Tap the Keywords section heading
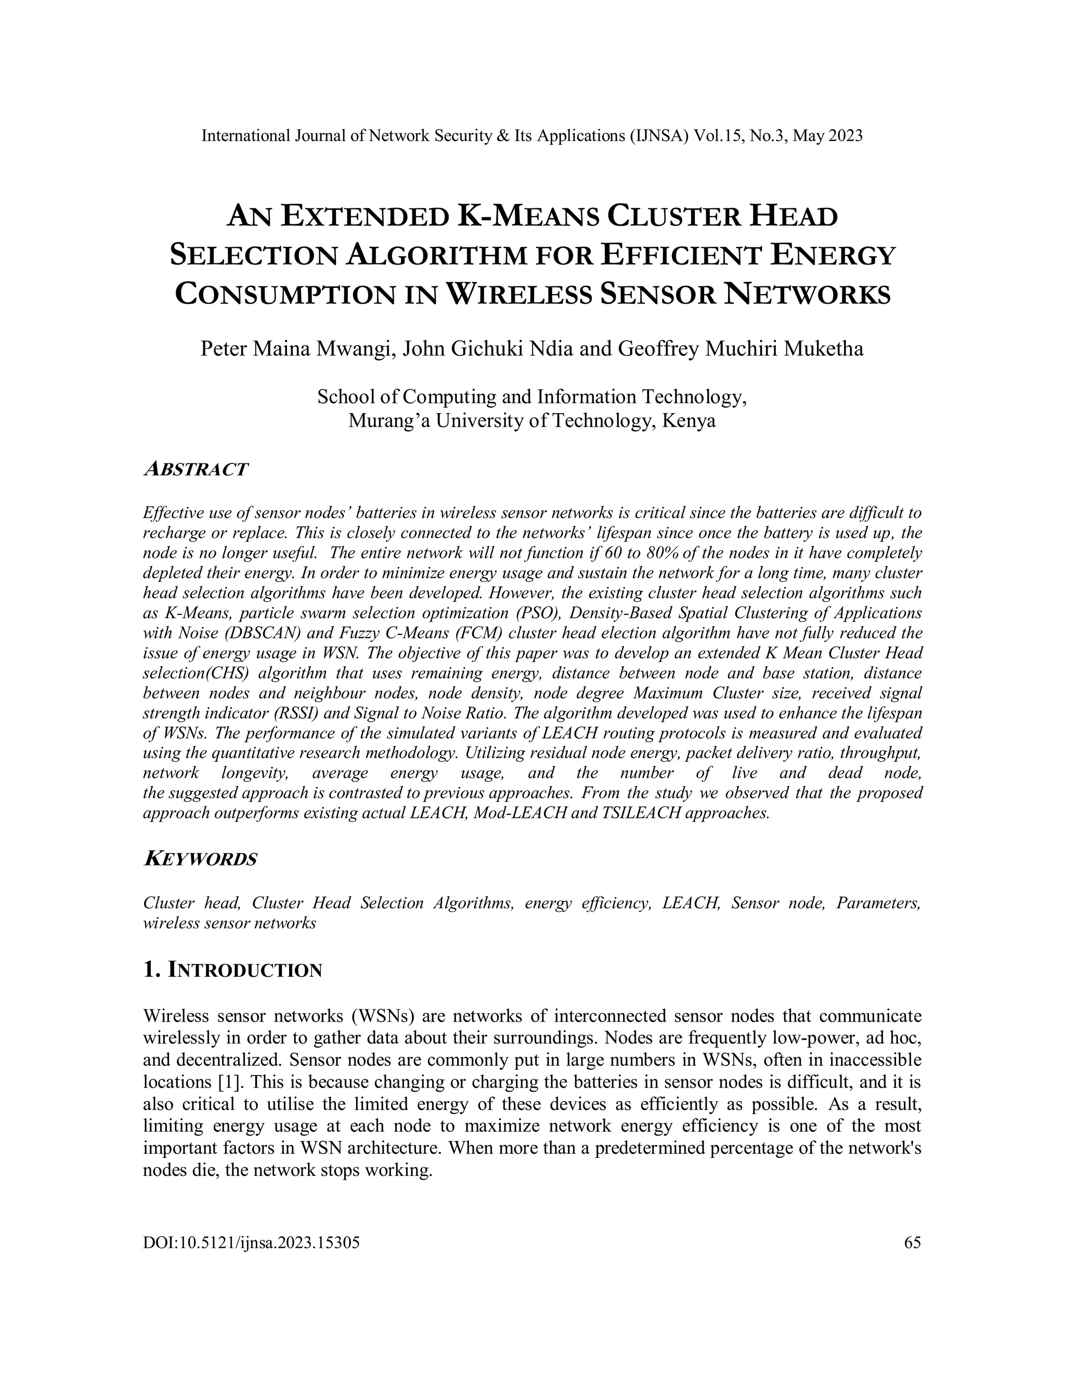coord(201,859)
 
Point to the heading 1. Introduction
coord(233,970)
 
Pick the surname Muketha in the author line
coord(823,349)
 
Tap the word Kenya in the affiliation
coord(689,420)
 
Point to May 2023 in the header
coord(827,136)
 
